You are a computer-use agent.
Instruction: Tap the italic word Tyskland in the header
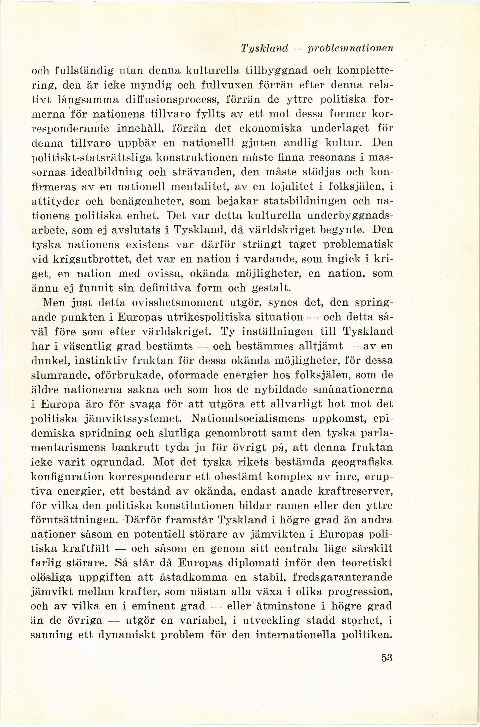point(265,49)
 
